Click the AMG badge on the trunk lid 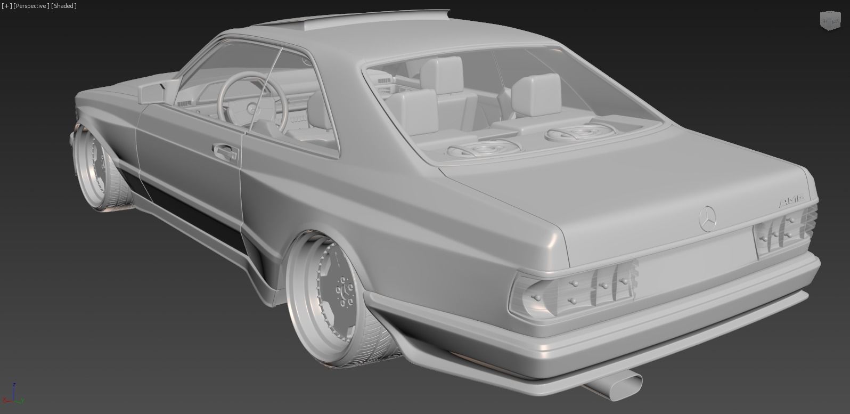790,201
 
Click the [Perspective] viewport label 31,6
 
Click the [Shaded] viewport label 64,6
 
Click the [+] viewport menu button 6,6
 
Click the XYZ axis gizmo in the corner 13,394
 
